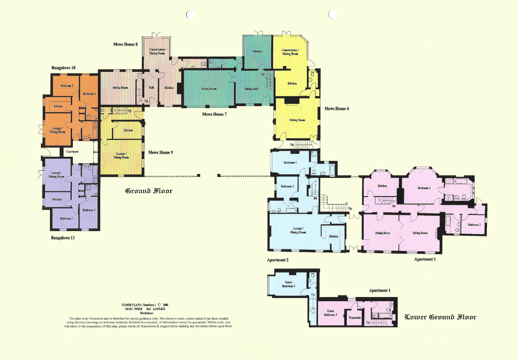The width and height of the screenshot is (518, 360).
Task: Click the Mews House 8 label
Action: (x=125, y=44)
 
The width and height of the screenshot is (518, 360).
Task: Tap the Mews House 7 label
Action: (x=214, y=114)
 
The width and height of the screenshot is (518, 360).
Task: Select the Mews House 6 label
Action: (x=336, y=109)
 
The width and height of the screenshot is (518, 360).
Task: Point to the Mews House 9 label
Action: (x=160, y=153)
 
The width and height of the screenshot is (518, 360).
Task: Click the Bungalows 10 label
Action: (x=63, y=68)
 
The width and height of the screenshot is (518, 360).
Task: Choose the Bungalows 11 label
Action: (x=63, y=238)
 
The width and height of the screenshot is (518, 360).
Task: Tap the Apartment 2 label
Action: (x=278, y=260)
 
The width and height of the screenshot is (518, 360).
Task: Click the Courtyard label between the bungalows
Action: (x=72, y=152)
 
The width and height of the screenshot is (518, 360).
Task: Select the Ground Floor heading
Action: (x=149, y=191)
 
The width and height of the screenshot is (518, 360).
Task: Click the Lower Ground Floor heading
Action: (x=440, y=317)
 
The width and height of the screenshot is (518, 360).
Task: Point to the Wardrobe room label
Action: (x=354, y=318)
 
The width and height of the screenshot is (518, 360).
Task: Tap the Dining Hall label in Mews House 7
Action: (x=251, y=89)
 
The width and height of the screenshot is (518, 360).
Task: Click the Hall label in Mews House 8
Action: (x=151, y=88)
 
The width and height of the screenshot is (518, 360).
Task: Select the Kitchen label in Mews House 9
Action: (x=128, y=130)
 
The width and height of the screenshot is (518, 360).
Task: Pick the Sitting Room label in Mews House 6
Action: (x=297, y=120)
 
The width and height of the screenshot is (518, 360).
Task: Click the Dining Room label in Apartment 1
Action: (x=382, y=233)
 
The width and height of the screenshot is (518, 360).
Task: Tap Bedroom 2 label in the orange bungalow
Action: (x=67, y=86)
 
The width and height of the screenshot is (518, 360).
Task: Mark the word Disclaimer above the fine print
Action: (x=147, y=313)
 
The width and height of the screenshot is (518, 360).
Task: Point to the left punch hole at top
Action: (x=191, y=15)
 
